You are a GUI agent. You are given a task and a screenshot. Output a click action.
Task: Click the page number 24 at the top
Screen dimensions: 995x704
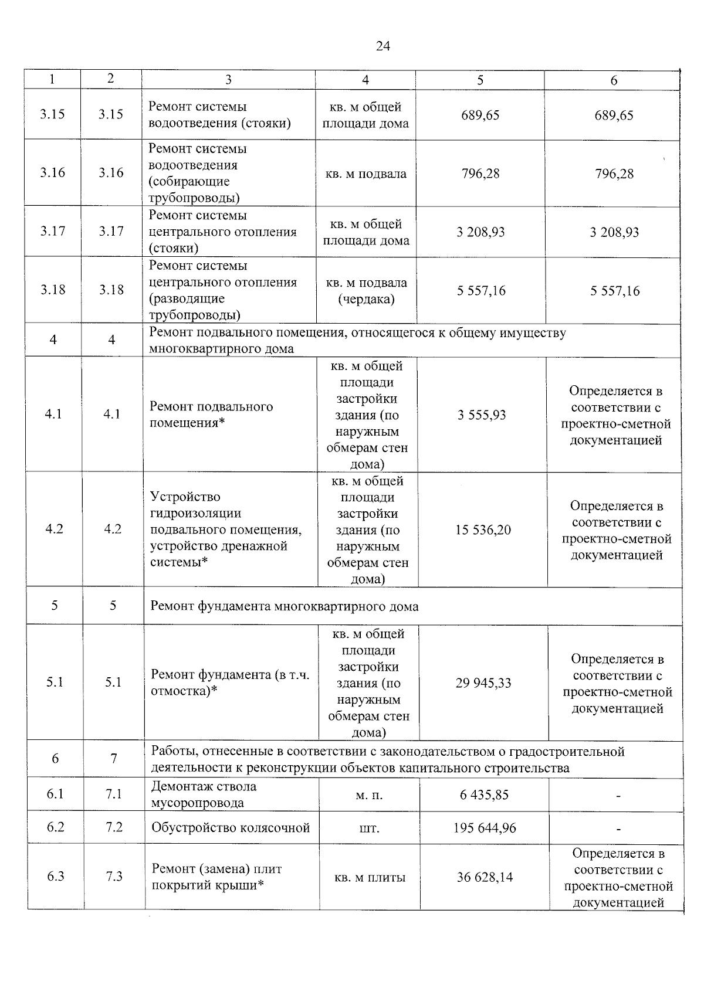[x=383, y=46]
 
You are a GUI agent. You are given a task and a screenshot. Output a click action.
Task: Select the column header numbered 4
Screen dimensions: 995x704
[x=365, y=80]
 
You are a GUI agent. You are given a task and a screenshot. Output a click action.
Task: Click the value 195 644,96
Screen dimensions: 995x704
[x=485, y=828]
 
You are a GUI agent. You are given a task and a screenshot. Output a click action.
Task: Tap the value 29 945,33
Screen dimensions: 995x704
[x=483, y=683]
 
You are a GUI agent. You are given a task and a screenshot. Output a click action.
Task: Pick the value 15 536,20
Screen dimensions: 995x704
[x=483, y=530]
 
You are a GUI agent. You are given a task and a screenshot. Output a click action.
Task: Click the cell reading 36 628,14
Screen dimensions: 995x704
[x=485, y=877]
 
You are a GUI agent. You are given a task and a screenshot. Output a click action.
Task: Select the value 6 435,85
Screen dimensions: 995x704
[x=484, y=795]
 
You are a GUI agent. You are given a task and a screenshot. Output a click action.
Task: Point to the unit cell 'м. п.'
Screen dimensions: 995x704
[x=369, y=795]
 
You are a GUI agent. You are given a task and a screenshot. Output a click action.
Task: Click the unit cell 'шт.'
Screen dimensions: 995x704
[x=369, y=828]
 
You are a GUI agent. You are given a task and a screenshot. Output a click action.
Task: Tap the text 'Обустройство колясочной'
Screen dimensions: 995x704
[x=231, y=828]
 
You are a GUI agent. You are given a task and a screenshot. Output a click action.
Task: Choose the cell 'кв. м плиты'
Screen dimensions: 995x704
[x=370, y=878]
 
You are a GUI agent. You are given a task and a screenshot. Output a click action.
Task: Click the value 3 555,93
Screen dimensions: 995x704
[x=482, y=415]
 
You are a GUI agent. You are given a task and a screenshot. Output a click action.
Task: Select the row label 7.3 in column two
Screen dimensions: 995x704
[x=114, y=877]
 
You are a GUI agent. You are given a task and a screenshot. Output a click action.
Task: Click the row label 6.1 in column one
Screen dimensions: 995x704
[x=55, y=794]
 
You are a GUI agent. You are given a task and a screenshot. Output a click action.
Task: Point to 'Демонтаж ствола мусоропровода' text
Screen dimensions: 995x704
[x=204, y=794]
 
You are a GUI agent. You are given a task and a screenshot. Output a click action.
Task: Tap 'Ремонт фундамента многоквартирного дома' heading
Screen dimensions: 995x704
[x=285, y=606]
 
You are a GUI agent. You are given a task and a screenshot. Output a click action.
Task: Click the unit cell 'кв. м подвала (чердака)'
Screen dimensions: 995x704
[x=366, y=291]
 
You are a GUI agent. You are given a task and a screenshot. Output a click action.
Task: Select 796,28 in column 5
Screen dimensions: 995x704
[x=480, y=174]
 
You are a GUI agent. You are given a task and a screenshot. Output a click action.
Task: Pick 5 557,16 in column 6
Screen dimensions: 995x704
[x=615, y=291]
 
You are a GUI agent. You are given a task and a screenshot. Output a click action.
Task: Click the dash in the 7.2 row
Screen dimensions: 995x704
[x=618, y=829]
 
